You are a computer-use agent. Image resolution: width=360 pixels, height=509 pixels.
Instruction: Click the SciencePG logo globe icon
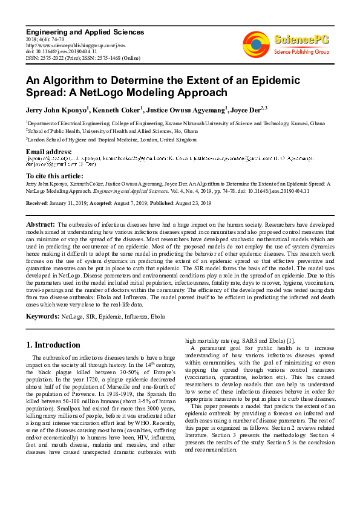pyautogui.click(x=256, y=44)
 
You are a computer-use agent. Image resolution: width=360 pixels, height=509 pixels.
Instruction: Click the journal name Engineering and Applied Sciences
pyautogui.click(x=85, y=32)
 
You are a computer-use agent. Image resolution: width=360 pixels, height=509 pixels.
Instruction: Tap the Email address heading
pyautogui.click(x=49, y=151)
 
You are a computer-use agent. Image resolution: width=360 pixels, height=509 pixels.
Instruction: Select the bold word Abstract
pyautogui.click(x=41, y=224)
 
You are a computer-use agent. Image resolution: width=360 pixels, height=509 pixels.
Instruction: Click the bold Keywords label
pyautogui.click(x=43, y=316)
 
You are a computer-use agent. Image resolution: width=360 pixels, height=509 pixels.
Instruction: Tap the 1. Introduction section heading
pyautogui.click(x=53, y=345)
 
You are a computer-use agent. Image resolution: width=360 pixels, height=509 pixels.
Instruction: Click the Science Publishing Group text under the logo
pyautogui.click(x=300, y=52)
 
